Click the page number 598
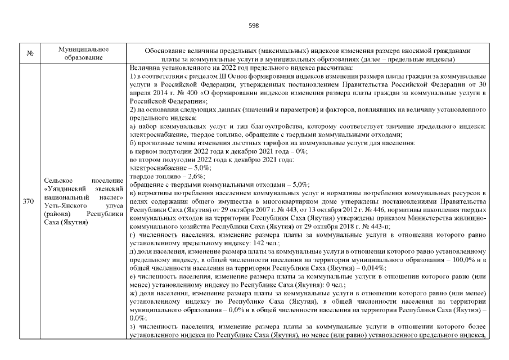(x=254, y=25)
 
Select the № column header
(x=29, y=54)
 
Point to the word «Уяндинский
(x=64, y=189)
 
